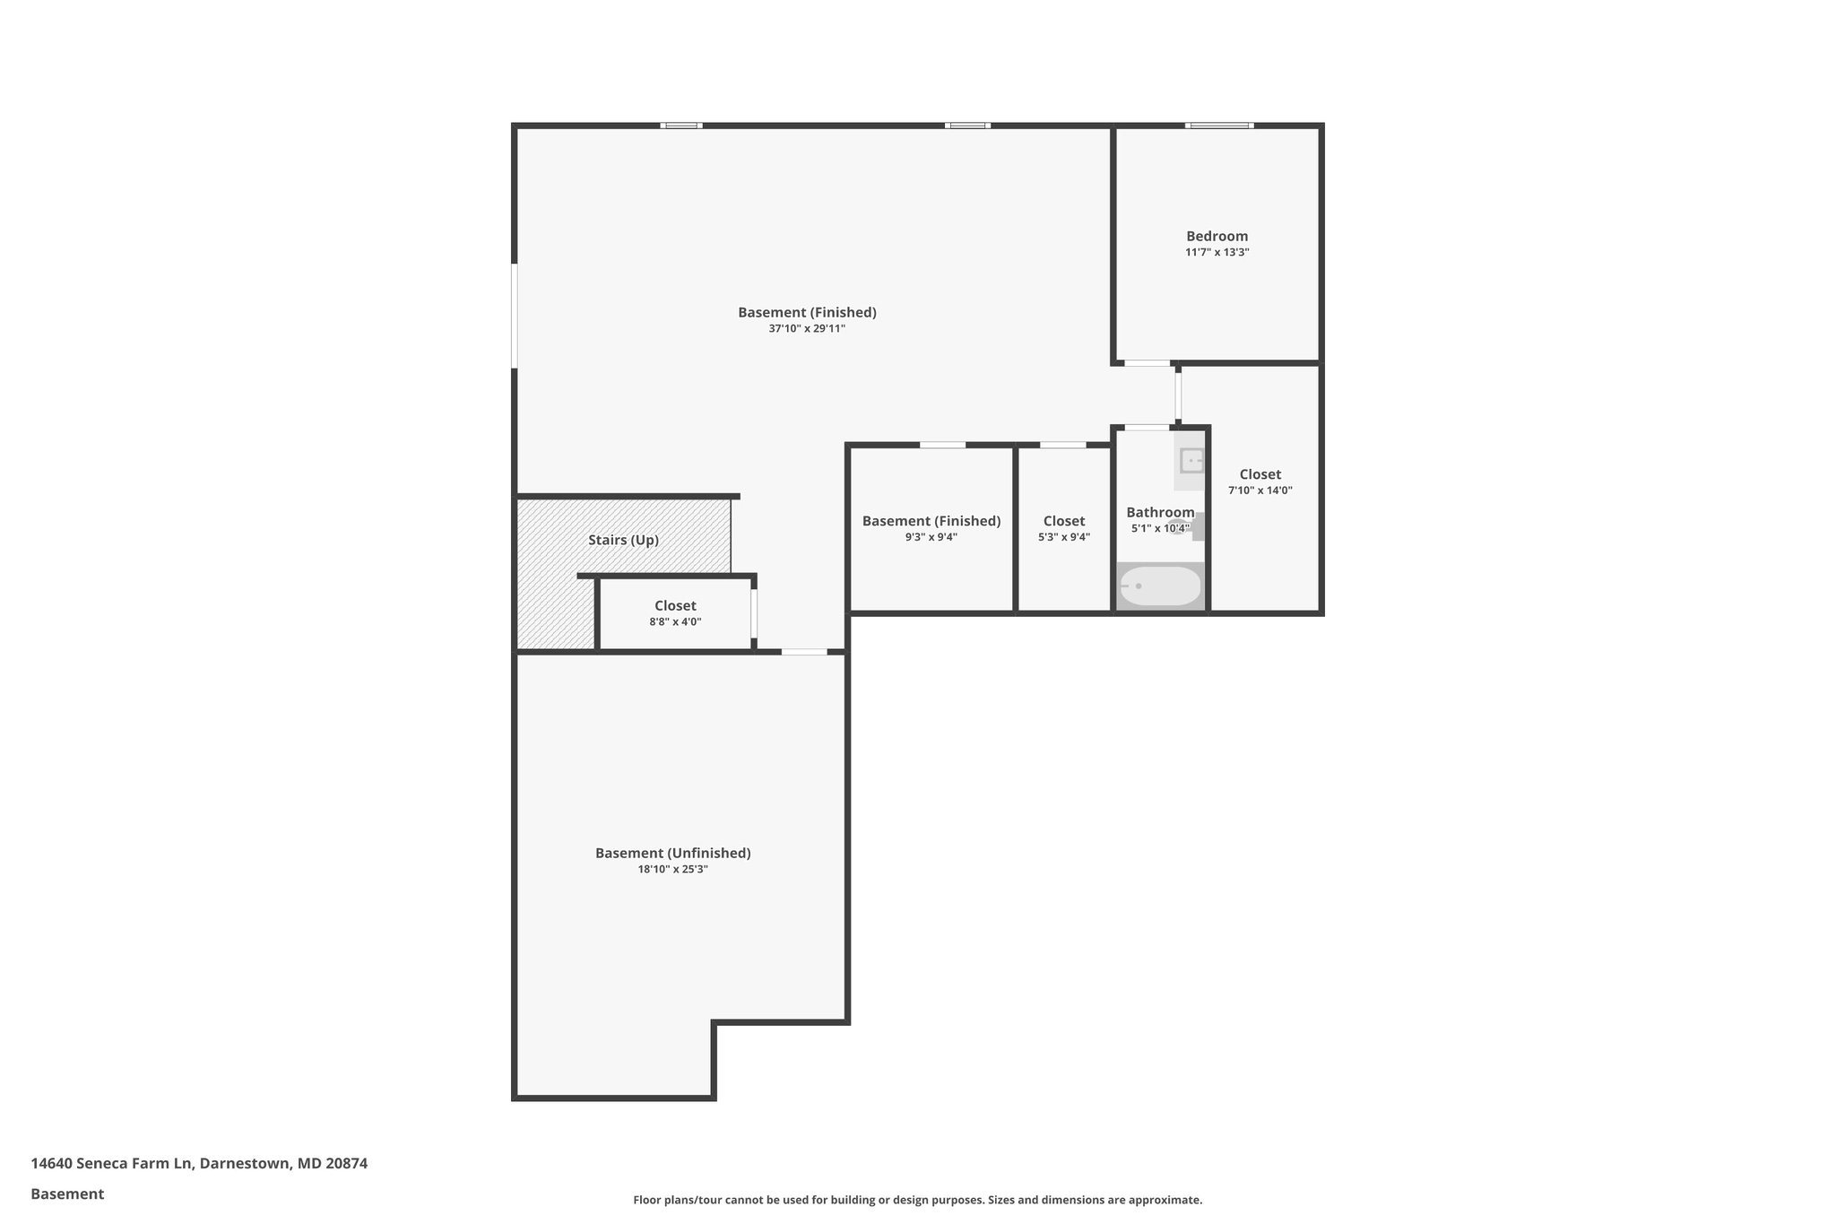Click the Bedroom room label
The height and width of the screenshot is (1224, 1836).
click(x=1217, y=237)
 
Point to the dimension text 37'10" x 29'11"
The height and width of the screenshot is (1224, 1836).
click(x=806, y=329)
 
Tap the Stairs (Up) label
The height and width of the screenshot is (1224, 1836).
click(x=623, y=540)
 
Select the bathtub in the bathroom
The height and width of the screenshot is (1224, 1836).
click(x=1160, y=586)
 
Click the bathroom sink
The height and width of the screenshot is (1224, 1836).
click(x=1191, y=462)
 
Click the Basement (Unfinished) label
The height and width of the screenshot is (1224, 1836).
click(x=672, y=853)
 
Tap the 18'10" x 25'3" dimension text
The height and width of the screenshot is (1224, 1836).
click(x=672, y=869)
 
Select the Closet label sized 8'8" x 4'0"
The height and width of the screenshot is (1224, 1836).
click(x=675, y=606)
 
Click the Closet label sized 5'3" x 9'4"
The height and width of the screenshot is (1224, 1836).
click(x=1063, y=521)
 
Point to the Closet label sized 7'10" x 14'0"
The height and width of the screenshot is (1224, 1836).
click(x=1260, y=474)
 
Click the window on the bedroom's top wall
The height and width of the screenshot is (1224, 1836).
click(x=1218, y=126)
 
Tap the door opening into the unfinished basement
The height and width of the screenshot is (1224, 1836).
click(x=804, y=652)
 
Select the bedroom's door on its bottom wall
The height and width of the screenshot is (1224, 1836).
click(x=1147, y=363)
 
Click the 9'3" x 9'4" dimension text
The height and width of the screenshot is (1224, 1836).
click(x=931, y=537)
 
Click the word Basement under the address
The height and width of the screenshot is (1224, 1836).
click(x=67, y=1194)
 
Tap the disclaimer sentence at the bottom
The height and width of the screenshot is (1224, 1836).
click(x=917, y=1200)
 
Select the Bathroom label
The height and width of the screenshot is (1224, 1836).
click(x=1159, y=512)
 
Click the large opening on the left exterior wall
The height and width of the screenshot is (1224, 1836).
click(x=515, y=315)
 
